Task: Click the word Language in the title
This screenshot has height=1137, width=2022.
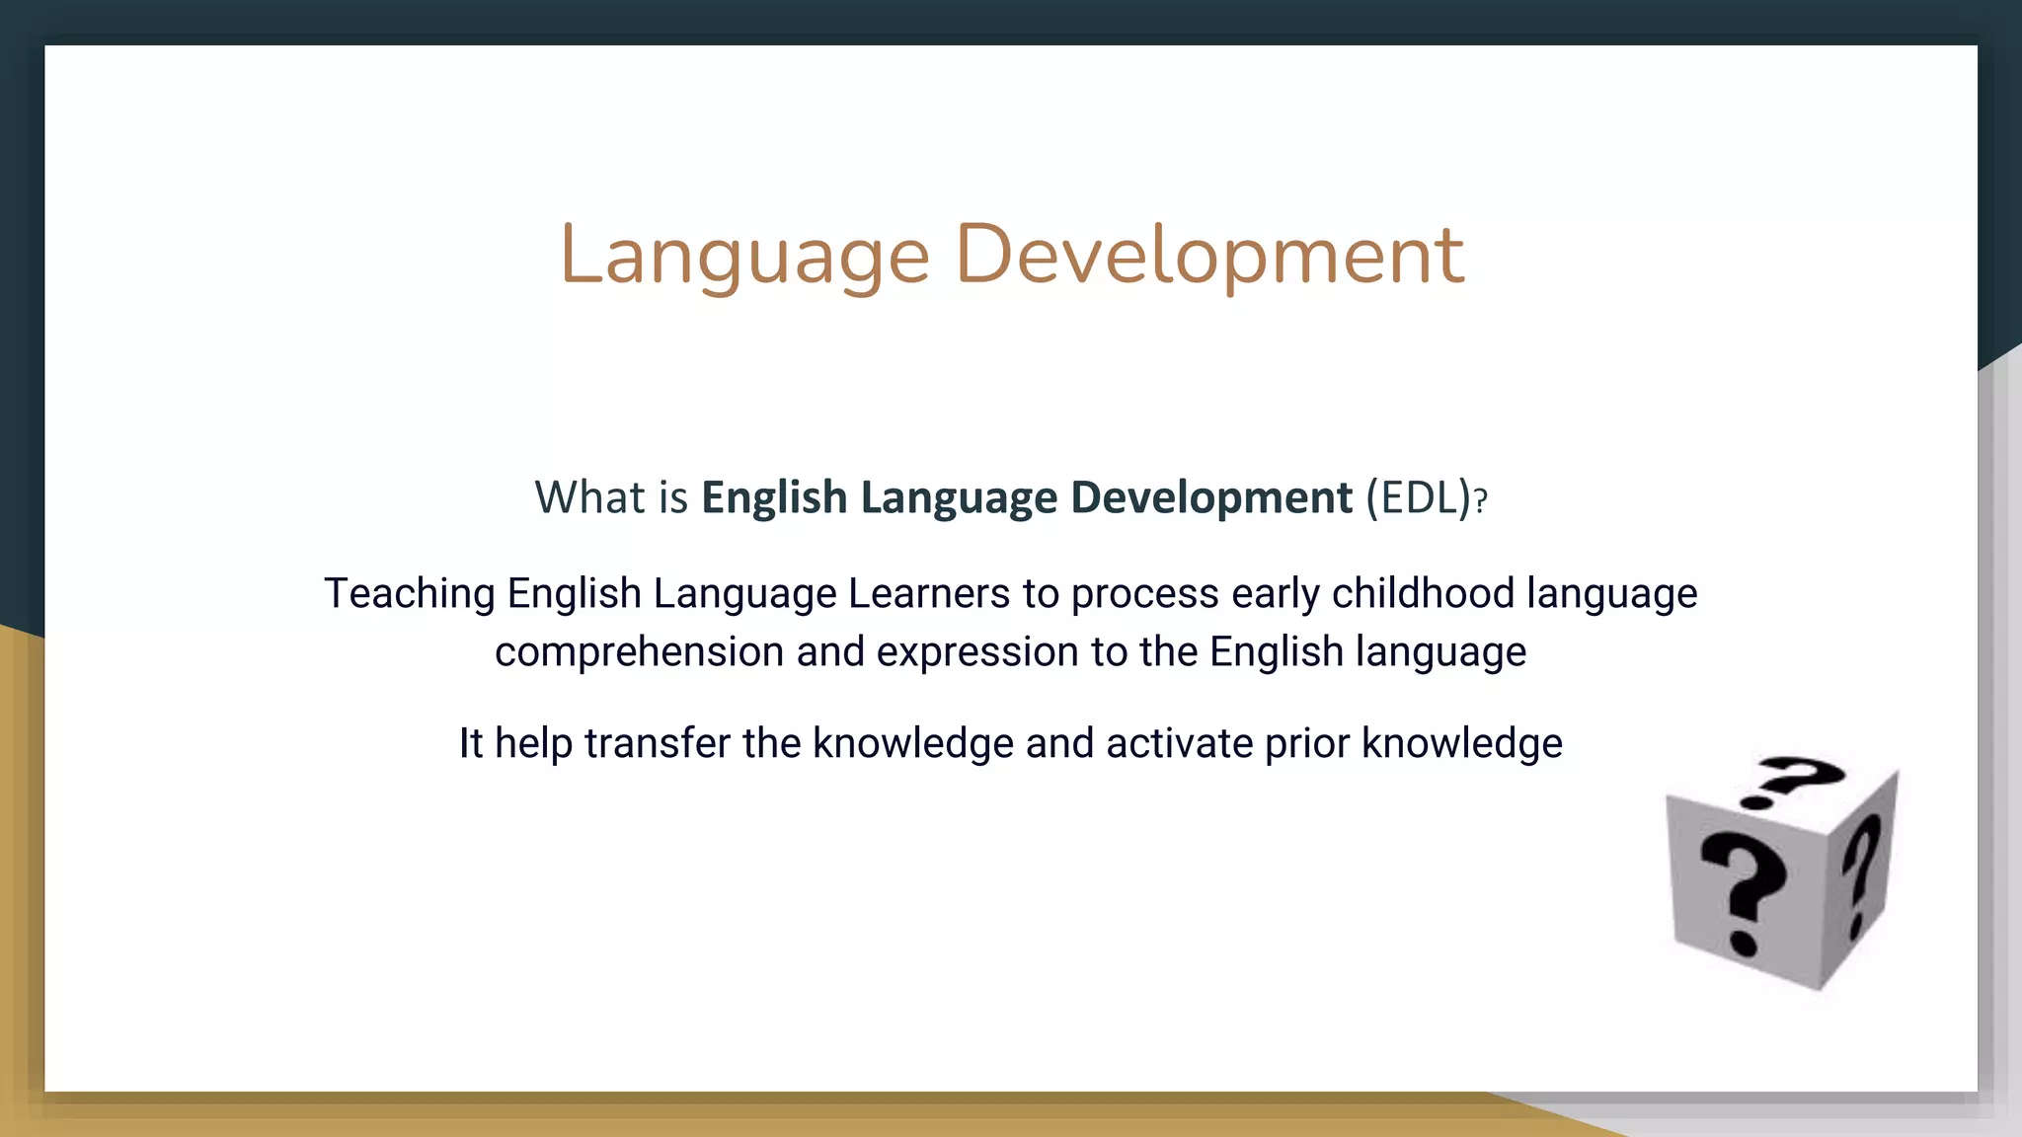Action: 744,256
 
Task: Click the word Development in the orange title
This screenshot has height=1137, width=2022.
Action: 1209,256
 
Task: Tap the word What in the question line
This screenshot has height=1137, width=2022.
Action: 589,497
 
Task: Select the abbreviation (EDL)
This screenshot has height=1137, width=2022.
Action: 1419,497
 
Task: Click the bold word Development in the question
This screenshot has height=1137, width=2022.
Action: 1211,497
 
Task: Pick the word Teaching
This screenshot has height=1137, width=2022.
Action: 410,594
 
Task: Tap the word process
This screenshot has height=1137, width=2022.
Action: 1145,594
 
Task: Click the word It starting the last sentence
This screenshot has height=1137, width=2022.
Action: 470,743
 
